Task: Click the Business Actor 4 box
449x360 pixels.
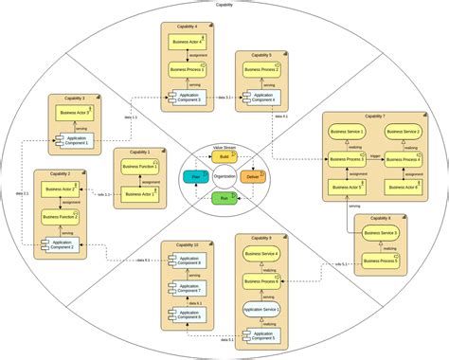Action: click(x=185, y=42)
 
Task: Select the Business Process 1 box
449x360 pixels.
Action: click(x=185, y=70)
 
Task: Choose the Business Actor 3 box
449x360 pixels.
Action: click(x=75, y=113)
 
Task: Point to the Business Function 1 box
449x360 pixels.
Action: click(x=140, y=167)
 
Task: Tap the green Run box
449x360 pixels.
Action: click(x=224, y=199)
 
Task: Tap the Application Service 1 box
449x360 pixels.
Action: click(x=260, y=309)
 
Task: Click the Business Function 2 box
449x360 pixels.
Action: click(x=60, y=217)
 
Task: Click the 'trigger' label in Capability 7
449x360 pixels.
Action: click(x=376, y=153)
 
